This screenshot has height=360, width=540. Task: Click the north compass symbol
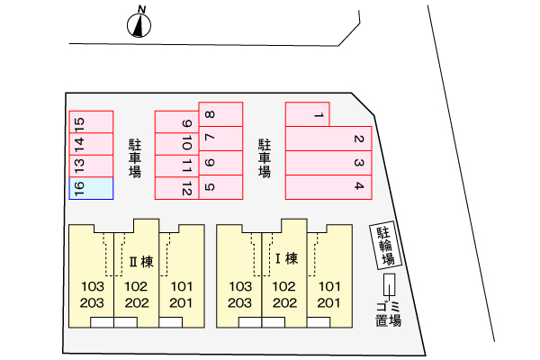point(139,25)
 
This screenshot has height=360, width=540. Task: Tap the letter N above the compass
point(141,9)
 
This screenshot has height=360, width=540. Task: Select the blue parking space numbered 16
point(91,188)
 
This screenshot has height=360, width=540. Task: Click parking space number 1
point(308,114)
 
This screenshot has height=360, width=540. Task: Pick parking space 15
point(91,122)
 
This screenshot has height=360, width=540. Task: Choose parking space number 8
point(220,114)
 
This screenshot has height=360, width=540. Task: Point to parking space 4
point(328,187)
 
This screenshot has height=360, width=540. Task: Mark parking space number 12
point(176,188)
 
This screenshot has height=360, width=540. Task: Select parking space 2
point(328,139)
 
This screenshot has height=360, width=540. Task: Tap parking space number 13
point(91,166)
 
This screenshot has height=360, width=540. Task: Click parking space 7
point(220,139)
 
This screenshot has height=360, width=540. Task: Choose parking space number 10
point(176,144)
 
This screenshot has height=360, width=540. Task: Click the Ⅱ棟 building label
point(141,262)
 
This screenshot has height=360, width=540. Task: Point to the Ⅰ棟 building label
point(286,258)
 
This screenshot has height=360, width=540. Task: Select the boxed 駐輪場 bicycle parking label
point(386,246)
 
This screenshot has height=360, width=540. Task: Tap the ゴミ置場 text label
point(389,314)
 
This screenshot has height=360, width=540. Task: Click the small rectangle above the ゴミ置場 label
point(390,285)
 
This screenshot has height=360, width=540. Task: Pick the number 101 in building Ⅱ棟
point(182,286)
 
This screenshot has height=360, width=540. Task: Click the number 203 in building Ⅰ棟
point(239,302)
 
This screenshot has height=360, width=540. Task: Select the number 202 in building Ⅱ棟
point(137,302)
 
